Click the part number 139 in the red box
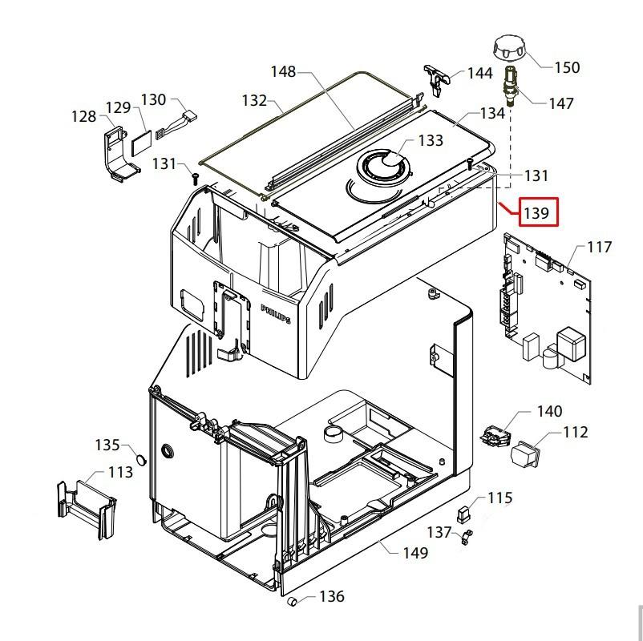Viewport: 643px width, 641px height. tap(536, 213)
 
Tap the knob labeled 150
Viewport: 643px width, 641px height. tap(508, 48)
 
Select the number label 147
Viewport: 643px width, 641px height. tap(561, 103)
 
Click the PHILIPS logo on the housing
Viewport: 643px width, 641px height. tap(275, 313)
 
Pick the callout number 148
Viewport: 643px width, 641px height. tap(283, 72)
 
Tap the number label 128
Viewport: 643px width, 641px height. tap(83, 117)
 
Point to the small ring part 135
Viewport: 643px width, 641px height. tap(140, 461)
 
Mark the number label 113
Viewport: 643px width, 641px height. tap(120, 473)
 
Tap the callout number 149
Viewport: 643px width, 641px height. tap(415, 553)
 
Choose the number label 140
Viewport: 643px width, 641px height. tap(549, 412)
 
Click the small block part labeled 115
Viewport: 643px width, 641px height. tap(463, 512)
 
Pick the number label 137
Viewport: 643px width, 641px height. tap(439, 532)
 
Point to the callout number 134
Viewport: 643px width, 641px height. tap(491, 113)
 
